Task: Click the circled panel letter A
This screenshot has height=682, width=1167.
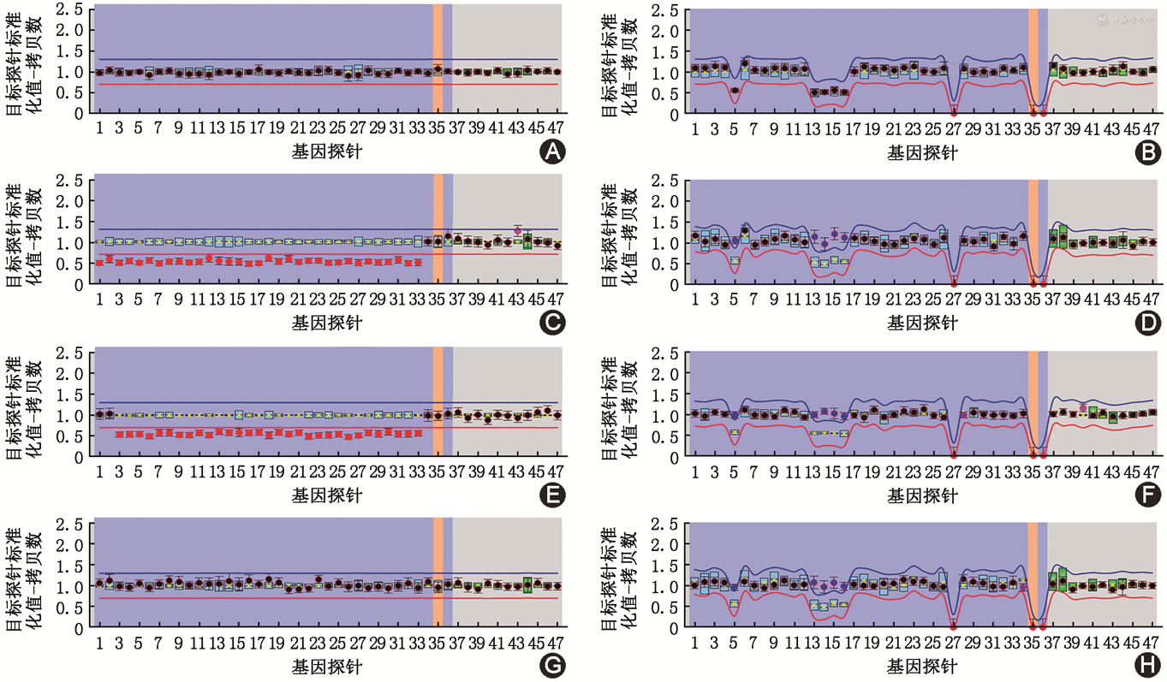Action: (552, 152)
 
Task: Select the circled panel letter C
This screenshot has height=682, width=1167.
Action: (552, 323)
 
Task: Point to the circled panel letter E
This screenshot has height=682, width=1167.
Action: (552, 495)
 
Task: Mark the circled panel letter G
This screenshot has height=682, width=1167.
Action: (552, 665)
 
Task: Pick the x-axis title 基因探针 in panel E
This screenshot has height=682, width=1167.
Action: (327, 495)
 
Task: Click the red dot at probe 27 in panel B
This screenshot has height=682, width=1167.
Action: (953, 112)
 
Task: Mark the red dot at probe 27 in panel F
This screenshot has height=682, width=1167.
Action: (953, 455)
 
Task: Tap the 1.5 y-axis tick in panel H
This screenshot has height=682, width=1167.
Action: (664, 566)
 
